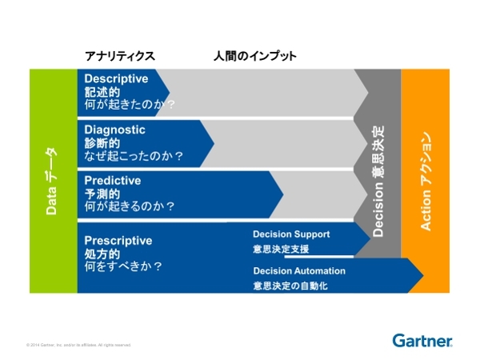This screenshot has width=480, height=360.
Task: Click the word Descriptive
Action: [117, 79]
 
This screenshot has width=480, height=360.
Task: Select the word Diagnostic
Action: [115, 130]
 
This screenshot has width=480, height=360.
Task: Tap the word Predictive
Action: [113, 180]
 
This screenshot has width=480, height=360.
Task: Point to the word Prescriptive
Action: [118, 239]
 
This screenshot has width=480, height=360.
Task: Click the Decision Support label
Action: [291, 234]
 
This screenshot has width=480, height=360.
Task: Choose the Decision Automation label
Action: [300, 270]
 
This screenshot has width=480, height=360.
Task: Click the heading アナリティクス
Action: [119, 56]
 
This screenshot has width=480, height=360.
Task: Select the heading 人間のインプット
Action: [254, 56]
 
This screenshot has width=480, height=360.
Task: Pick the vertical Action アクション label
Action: [427, 180]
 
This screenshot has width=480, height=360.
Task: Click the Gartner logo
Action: [422, 341]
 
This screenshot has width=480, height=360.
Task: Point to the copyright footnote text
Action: [78, 345]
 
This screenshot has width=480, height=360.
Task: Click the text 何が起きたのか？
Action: [130, 105]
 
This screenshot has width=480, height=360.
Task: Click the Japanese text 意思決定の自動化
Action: [290, 286]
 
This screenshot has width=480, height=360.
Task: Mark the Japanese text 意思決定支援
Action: [281, 249]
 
